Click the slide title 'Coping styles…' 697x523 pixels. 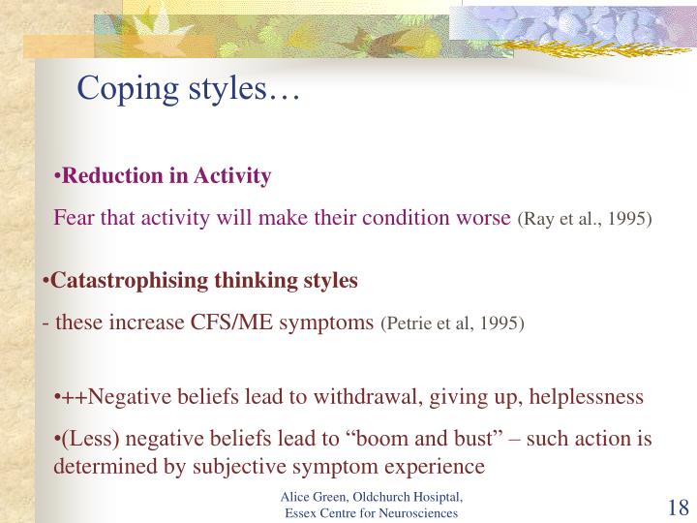click(189, 89)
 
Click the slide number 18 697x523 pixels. click(677, 508)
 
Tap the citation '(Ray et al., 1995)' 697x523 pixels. click(586, 220)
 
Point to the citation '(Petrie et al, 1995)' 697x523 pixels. click(454, 323)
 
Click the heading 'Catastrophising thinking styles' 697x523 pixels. click(204, 281)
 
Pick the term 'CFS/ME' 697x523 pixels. click(231, 323)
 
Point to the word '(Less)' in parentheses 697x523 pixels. click(84, 439)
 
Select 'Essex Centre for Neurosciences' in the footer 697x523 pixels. click(371, 512)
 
